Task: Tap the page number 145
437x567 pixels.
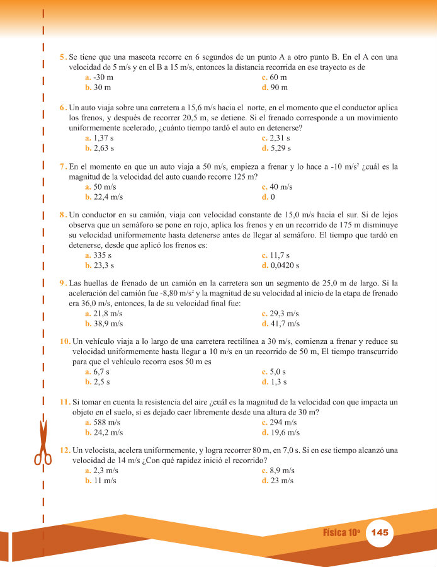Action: (380, 532)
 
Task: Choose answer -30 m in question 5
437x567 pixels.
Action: (102, 77)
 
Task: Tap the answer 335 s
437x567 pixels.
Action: (102, 255)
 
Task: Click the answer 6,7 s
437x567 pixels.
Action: (101, 372)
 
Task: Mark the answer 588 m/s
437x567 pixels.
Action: (106, 423)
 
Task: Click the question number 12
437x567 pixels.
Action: (65, 451)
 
